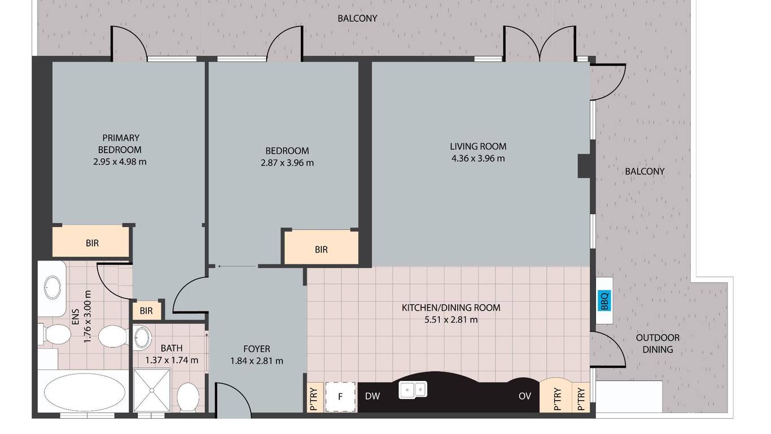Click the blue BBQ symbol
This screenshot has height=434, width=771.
coord(604,301)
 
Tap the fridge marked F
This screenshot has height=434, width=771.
coord(340,397)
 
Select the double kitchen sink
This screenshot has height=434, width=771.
coord(413,390)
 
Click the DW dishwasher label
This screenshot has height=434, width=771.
coord(373,396)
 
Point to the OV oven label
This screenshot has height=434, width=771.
coord(524,396)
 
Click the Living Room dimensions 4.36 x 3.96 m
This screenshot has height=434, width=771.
coord(478,159)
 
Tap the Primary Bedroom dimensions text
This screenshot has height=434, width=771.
coord(120,162)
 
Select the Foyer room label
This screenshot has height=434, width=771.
coord(256,349)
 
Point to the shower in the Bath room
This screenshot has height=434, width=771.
coord(152,390)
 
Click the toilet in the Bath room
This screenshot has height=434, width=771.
coord(188,397)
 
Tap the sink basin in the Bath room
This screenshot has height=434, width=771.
coord(142,337)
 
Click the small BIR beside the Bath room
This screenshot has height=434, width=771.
coord(147,311)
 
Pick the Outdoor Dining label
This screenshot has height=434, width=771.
coord(658,344)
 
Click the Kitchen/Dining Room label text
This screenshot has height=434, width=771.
coord(451,307)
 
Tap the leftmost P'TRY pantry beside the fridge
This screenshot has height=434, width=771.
coord(314,397)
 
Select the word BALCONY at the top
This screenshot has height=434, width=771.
coord(357,18)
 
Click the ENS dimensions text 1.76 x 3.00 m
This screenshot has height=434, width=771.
coord(87,316)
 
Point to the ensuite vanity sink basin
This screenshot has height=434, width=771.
coord(52,288)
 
